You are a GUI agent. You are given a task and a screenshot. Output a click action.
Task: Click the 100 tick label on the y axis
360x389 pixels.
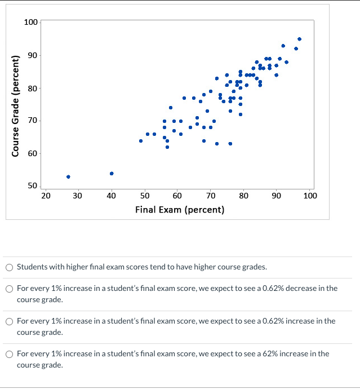[31, 22]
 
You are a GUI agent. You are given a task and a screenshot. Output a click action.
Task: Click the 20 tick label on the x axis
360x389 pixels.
[46, 196]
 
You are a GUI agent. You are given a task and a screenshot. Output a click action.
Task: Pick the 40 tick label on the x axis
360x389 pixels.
[112, 196]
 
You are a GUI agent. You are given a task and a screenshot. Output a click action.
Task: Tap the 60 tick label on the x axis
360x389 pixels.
[177, 196]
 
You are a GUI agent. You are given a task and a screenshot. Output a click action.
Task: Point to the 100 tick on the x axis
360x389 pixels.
[310, 196]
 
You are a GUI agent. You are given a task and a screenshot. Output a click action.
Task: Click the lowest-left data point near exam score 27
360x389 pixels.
[68, 176]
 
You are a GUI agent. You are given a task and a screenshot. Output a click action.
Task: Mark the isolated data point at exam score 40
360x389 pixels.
[112, 174]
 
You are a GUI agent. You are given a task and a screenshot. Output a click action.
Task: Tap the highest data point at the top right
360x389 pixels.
[299, 39]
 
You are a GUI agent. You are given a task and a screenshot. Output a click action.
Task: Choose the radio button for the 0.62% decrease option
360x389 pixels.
[10, 289]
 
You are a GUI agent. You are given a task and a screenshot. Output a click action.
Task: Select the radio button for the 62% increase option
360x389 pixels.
[10, 354]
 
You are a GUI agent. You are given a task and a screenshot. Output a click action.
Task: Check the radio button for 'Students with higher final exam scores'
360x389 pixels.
[10, 267]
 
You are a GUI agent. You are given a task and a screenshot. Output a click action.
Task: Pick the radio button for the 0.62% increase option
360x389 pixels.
[10, 321]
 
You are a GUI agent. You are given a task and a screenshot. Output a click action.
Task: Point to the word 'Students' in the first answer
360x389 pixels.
[32, 267]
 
